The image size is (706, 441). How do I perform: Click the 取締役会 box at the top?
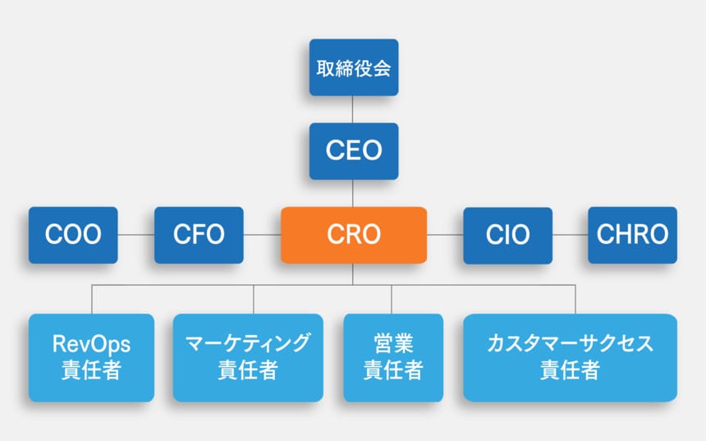tap(353, 67)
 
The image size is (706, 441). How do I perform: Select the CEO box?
tap(353, 151)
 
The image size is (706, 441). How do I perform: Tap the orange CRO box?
tap(353, 235)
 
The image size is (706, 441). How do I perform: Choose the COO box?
tap(73, 235)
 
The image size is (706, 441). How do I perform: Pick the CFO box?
tap(199, 235)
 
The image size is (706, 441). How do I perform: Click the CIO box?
tap(507, 235)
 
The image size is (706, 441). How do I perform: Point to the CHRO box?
tap(632, 235)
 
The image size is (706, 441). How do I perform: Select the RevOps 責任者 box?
tap(91, 357)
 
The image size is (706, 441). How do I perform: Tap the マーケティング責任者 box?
tap(248, 357)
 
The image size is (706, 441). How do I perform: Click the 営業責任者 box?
tap(392, 357)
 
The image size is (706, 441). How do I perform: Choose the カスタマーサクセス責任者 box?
tap(570, 357)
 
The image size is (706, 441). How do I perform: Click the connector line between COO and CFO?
tap(136, 235)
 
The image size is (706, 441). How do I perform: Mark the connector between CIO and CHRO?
tap(570, 235)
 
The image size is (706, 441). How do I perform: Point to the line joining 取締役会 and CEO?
tap(353, 109)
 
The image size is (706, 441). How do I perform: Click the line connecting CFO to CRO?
tap(262, 235)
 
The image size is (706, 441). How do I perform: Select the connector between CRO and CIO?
tap(444, 235)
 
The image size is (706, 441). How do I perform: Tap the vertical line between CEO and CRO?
tap(353, 193)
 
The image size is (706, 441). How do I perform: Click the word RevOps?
tap(91, 344)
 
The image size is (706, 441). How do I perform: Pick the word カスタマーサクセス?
tap(570, 344)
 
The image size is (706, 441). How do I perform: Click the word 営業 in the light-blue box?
tap(392, 344)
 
